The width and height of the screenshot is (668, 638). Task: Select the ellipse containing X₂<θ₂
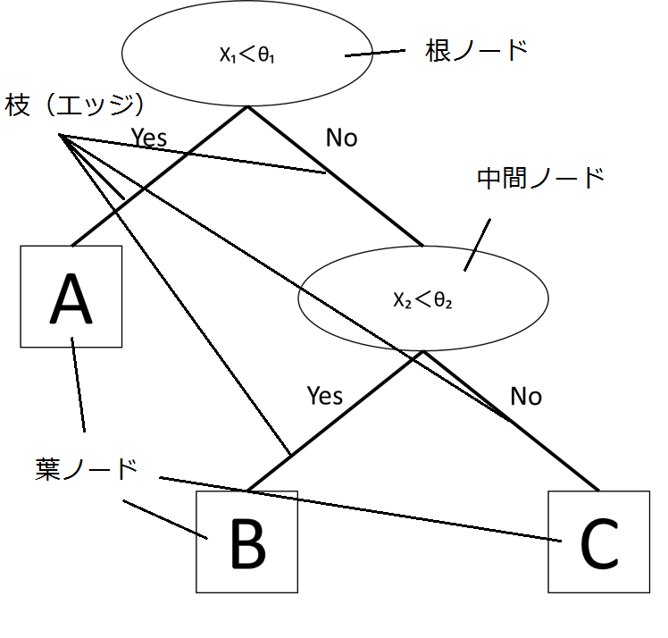click(x=422, y=298)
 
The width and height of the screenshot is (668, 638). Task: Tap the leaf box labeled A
click(x=71, y=297)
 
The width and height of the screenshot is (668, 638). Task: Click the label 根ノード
click(x=477, y=51)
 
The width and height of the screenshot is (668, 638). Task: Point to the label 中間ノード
click(x=540, y=178)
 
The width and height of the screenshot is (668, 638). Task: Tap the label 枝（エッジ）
click(x=74, y=105)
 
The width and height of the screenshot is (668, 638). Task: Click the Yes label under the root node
click(x=149, y=138)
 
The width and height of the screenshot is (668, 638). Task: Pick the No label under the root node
click(x=341, y=138)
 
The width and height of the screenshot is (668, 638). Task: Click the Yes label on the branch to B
click(x=324, y=395)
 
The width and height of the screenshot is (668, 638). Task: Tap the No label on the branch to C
click(x=526, y=396)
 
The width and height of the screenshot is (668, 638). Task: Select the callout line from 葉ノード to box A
click(x=79, y=384)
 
